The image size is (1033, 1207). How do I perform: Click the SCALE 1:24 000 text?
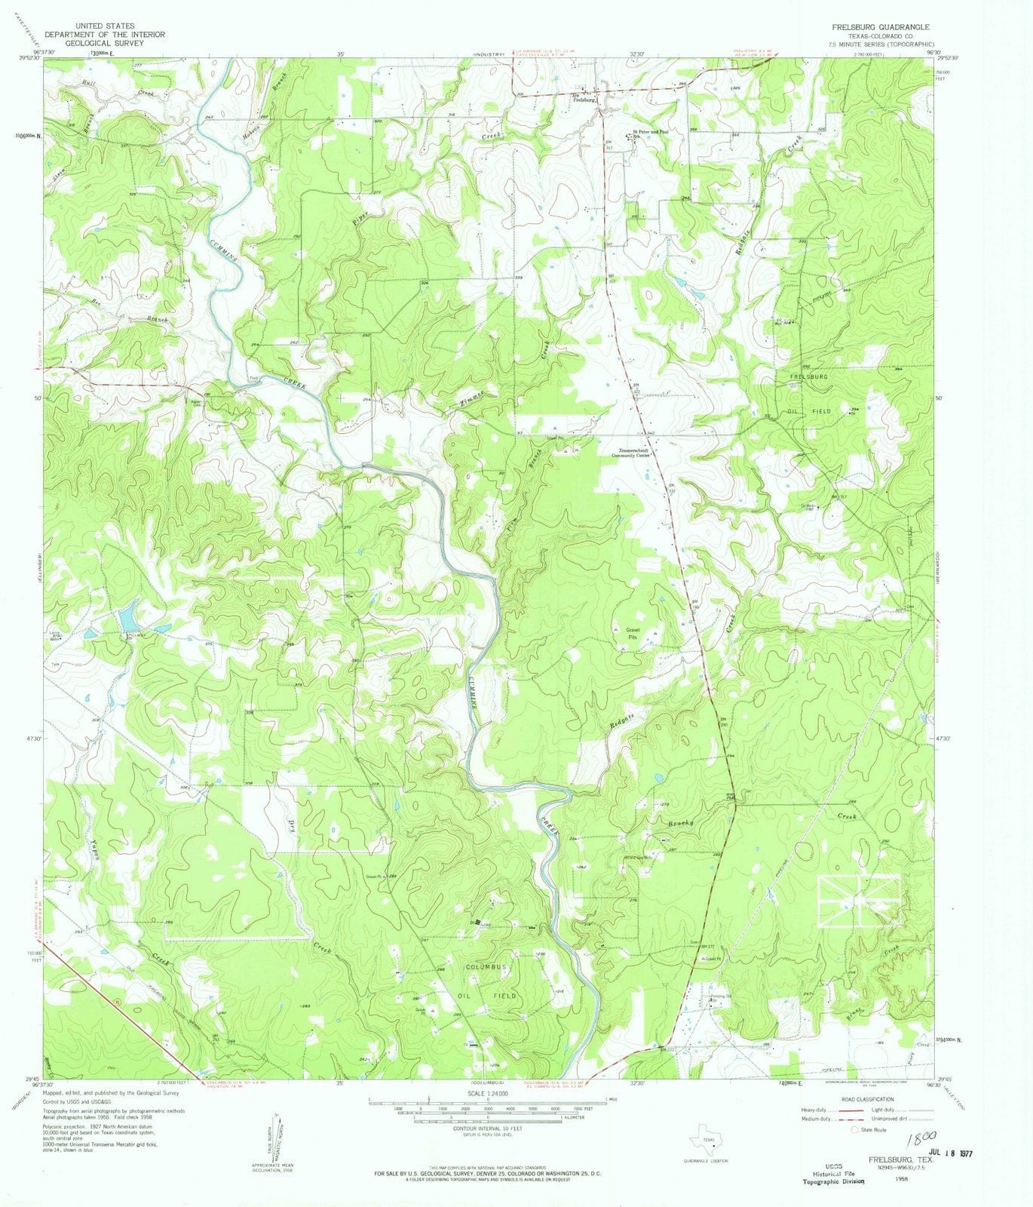pyautogui.click(x=488, y=1093)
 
